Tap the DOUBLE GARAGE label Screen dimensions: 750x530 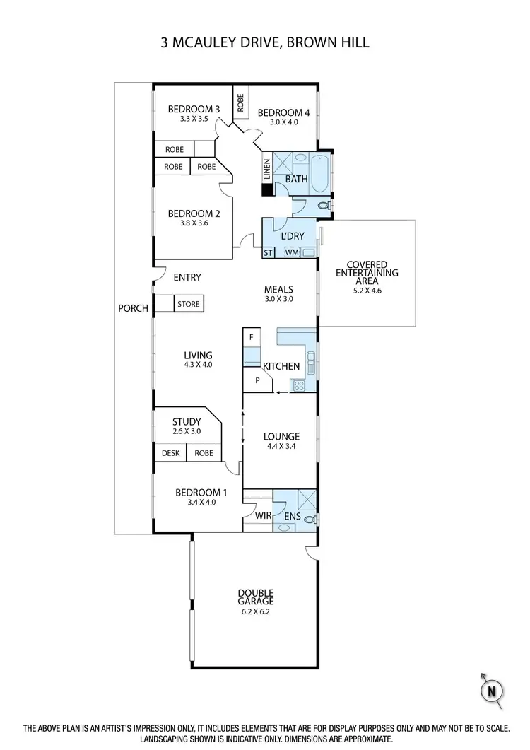(255, 597)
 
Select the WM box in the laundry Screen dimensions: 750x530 (292, 252)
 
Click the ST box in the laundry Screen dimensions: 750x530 (269, 252)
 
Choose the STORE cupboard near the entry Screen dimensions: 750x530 (188, 304)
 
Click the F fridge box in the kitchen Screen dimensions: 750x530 (251, 337)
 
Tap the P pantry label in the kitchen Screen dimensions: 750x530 (258, 380)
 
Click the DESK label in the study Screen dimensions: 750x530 (170, 453)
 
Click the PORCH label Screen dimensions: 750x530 (133, 308)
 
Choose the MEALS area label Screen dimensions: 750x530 (278, 289)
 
